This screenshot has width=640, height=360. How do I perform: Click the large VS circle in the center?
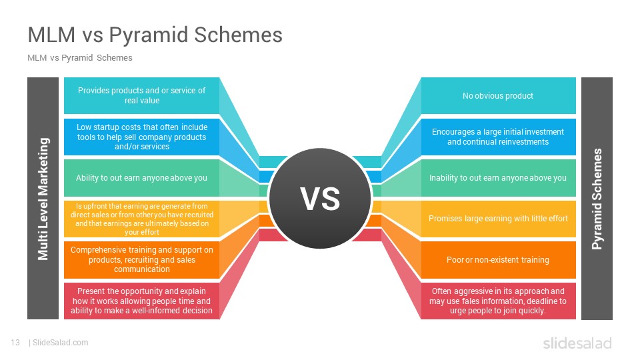[x=320, y=199]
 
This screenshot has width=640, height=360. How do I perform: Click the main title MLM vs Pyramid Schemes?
[x=155, y=35]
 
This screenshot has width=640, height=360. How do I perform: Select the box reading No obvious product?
[x=498, y=95]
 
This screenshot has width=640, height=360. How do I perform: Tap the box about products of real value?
[x=141, y=95]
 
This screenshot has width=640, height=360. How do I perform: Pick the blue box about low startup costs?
[x=141, y=137]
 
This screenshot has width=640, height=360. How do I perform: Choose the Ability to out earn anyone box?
[x=141, y=178]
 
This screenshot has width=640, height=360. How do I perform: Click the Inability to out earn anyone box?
[x=498, y=178]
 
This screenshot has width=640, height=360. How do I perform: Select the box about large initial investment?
[x=498, y=137]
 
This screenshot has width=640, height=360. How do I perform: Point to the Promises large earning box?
[x=498, y=219]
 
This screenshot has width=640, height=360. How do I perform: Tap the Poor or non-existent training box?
[x=498, y=259]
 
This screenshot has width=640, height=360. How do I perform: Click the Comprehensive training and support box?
[x=141, y=259]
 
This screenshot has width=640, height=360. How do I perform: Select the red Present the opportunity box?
[x=141, y=301]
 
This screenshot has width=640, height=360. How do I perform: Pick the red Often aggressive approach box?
[x=498, y=301]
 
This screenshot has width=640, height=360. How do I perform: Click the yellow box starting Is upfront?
[x=141, y=219]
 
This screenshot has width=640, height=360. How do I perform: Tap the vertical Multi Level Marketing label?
[x=43, y=199]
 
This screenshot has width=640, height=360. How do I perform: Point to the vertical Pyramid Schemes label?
[x=597, y=199]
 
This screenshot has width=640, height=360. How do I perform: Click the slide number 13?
[x=15, y=343]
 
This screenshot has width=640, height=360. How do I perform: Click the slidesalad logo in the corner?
[x=577, y=343]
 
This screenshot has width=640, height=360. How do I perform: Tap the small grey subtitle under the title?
[x=80, y=58]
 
